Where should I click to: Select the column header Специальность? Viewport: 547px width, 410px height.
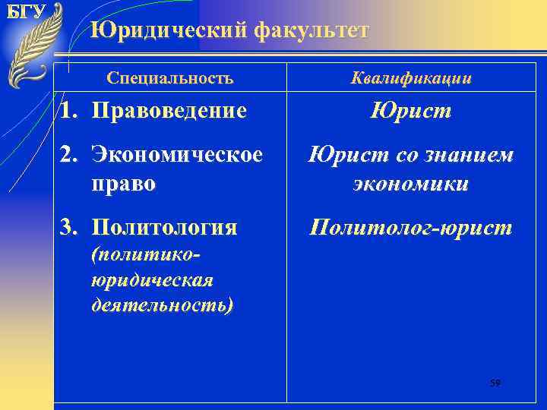tap(170, 77)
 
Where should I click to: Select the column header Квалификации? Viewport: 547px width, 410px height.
tap(411, 77)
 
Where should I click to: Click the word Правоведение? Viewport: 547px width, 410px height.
tap(169, 111)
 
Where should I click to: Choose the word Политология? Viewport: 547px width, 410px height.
tap(164, 226)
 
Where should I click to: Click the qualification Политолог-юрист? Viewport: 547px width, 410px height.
tap(411, 226)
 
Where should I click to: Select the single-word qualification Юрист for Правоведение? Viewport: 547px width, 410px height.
tap(411, 111)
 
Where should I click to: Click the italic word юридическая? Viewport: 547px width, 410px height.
tap(151, 279)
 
